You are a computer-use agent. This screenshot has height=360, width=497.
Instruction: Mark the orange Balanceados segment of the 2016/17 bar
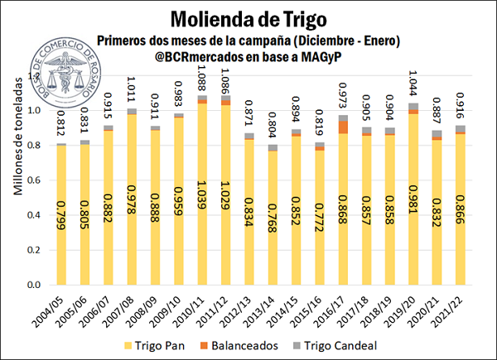coord(345,127)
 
